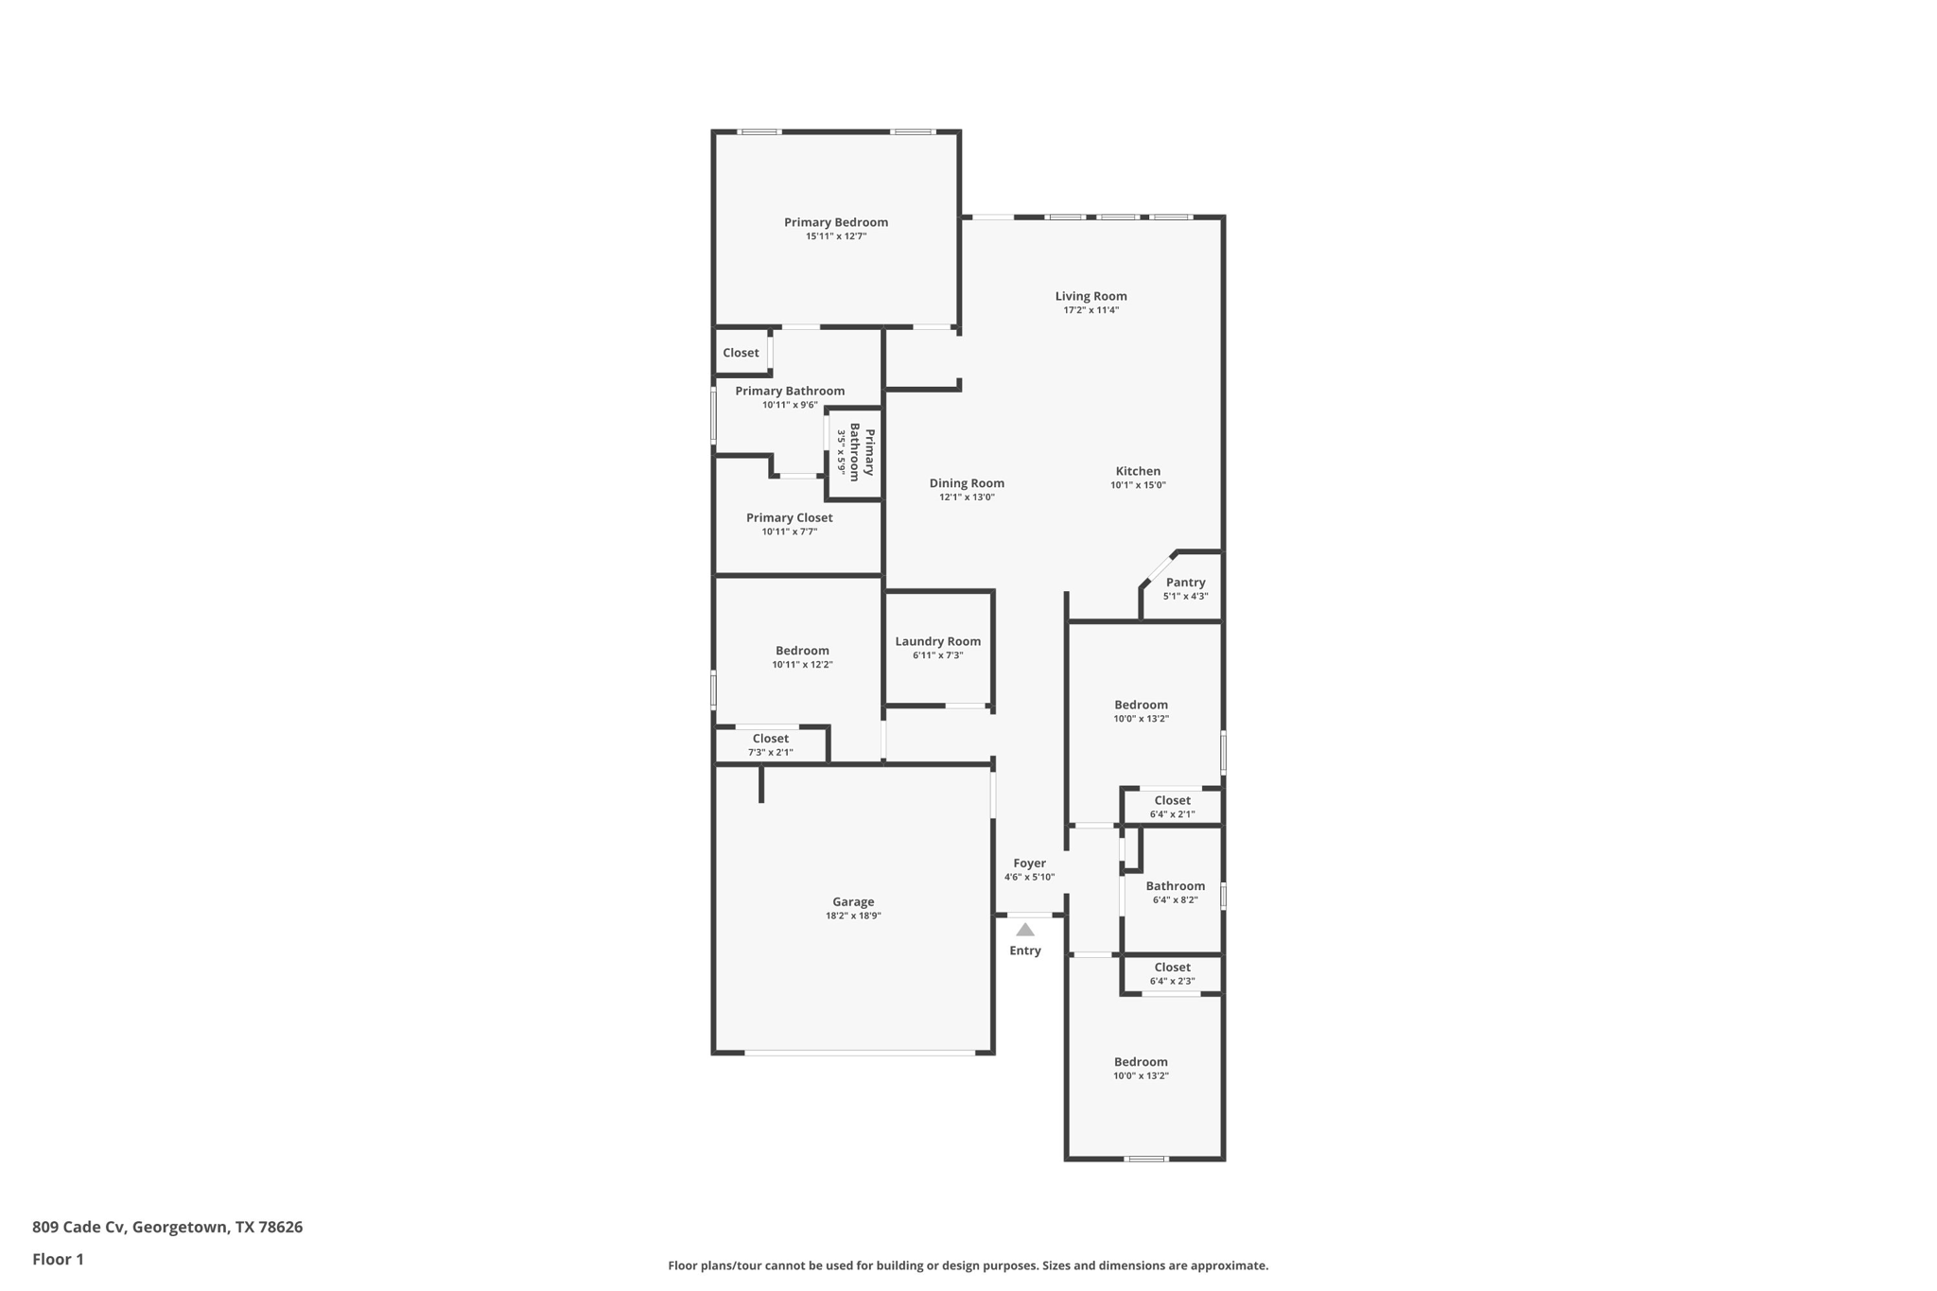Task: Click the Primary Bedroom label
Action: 835,222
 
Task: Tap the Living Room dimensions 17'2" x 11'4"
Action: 1091,310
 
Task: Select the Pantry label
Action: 1185,583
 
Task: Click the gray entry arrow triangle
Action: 1025,930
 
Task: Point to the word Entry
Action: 1025,951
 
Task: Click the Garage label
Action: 853,901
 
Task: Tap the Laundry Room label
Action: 937,641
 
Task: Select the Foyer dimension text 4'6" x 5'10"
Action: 1029,877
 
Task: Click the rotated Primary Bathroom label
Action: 862,452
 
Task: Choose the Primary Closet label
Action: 789,517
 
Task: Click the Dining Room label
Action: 967,483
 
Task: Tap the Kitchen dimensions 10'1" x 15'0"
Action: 1138,485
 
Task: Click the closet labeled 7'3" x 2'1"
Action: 770,745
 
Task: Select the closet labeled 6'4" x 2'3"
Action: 1172,973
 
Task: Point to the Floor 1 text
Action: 58,1259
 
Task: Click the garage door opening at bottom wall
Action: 860,1053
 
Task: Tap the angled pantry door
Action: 1160,568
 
